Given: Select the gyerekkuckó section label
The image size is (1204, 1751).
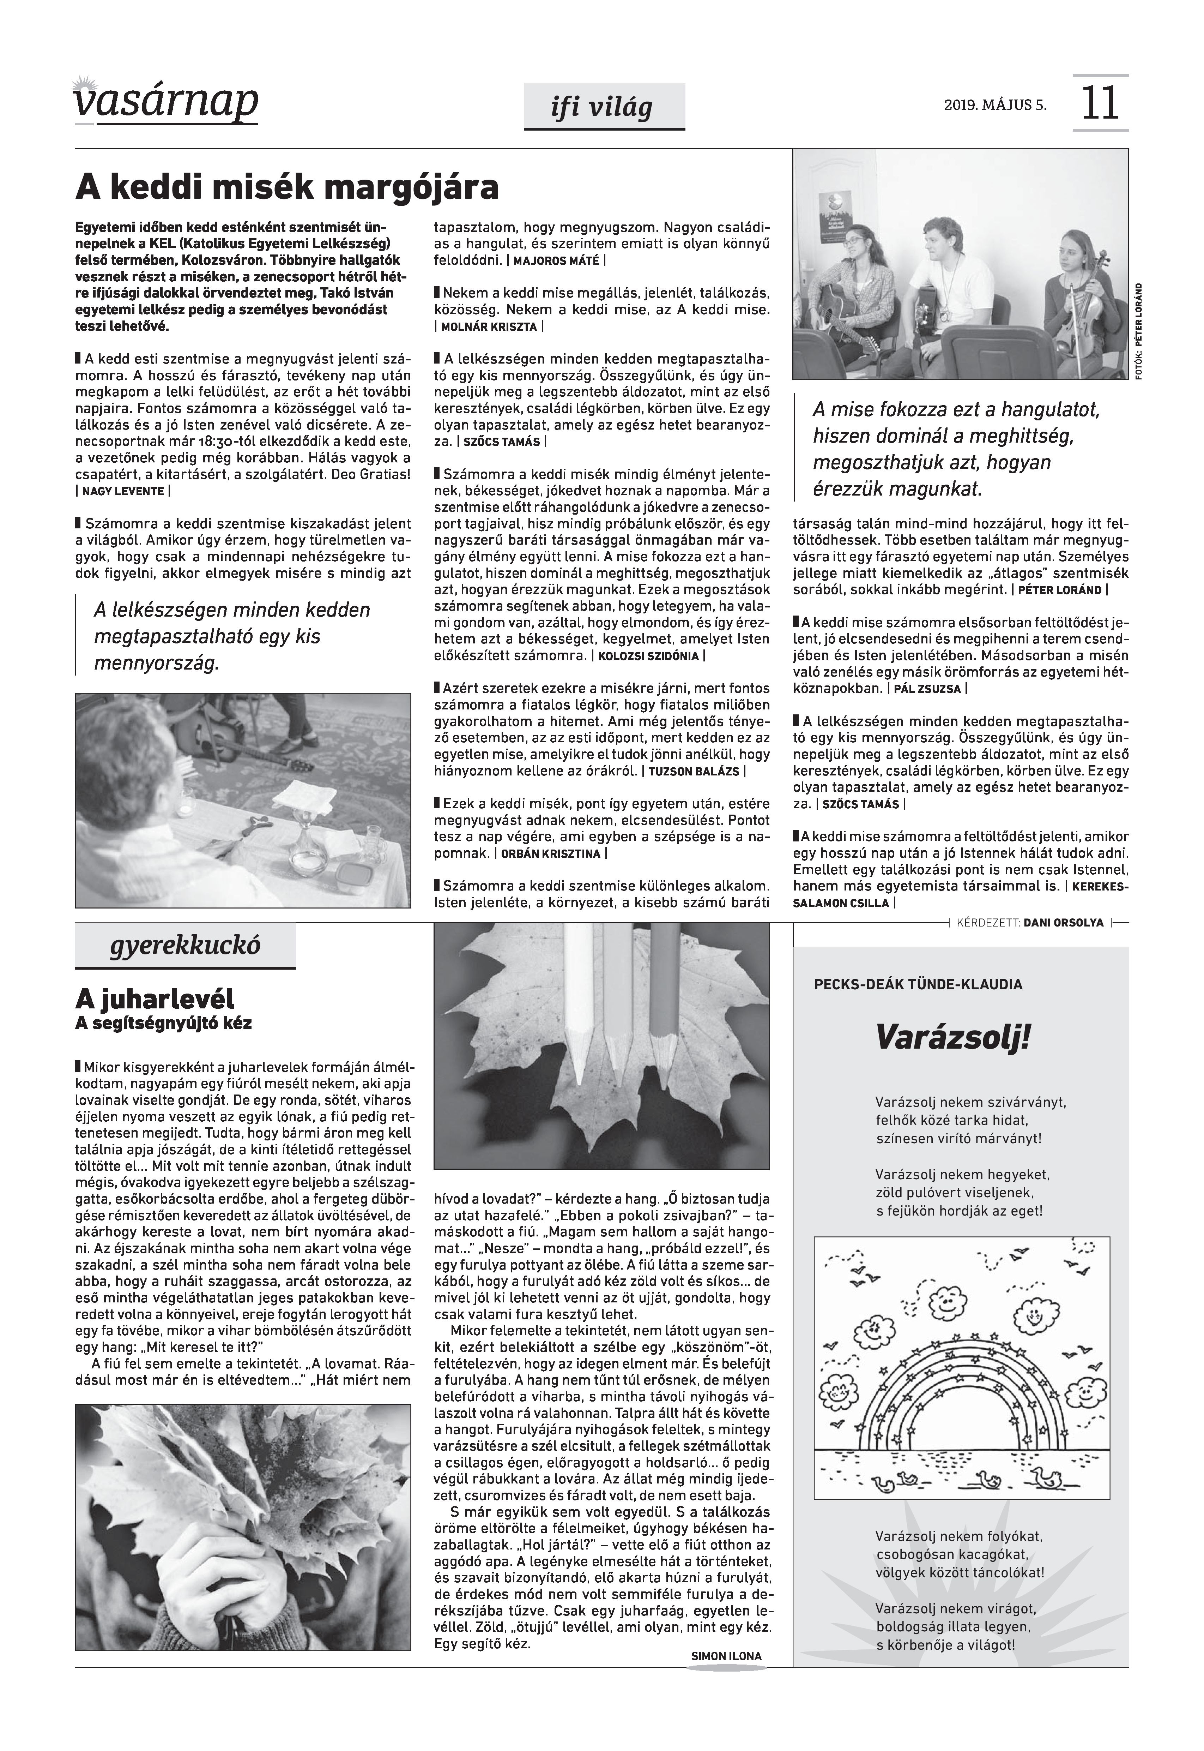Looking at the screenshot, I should pyautogui.click(x=185, y=946).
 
